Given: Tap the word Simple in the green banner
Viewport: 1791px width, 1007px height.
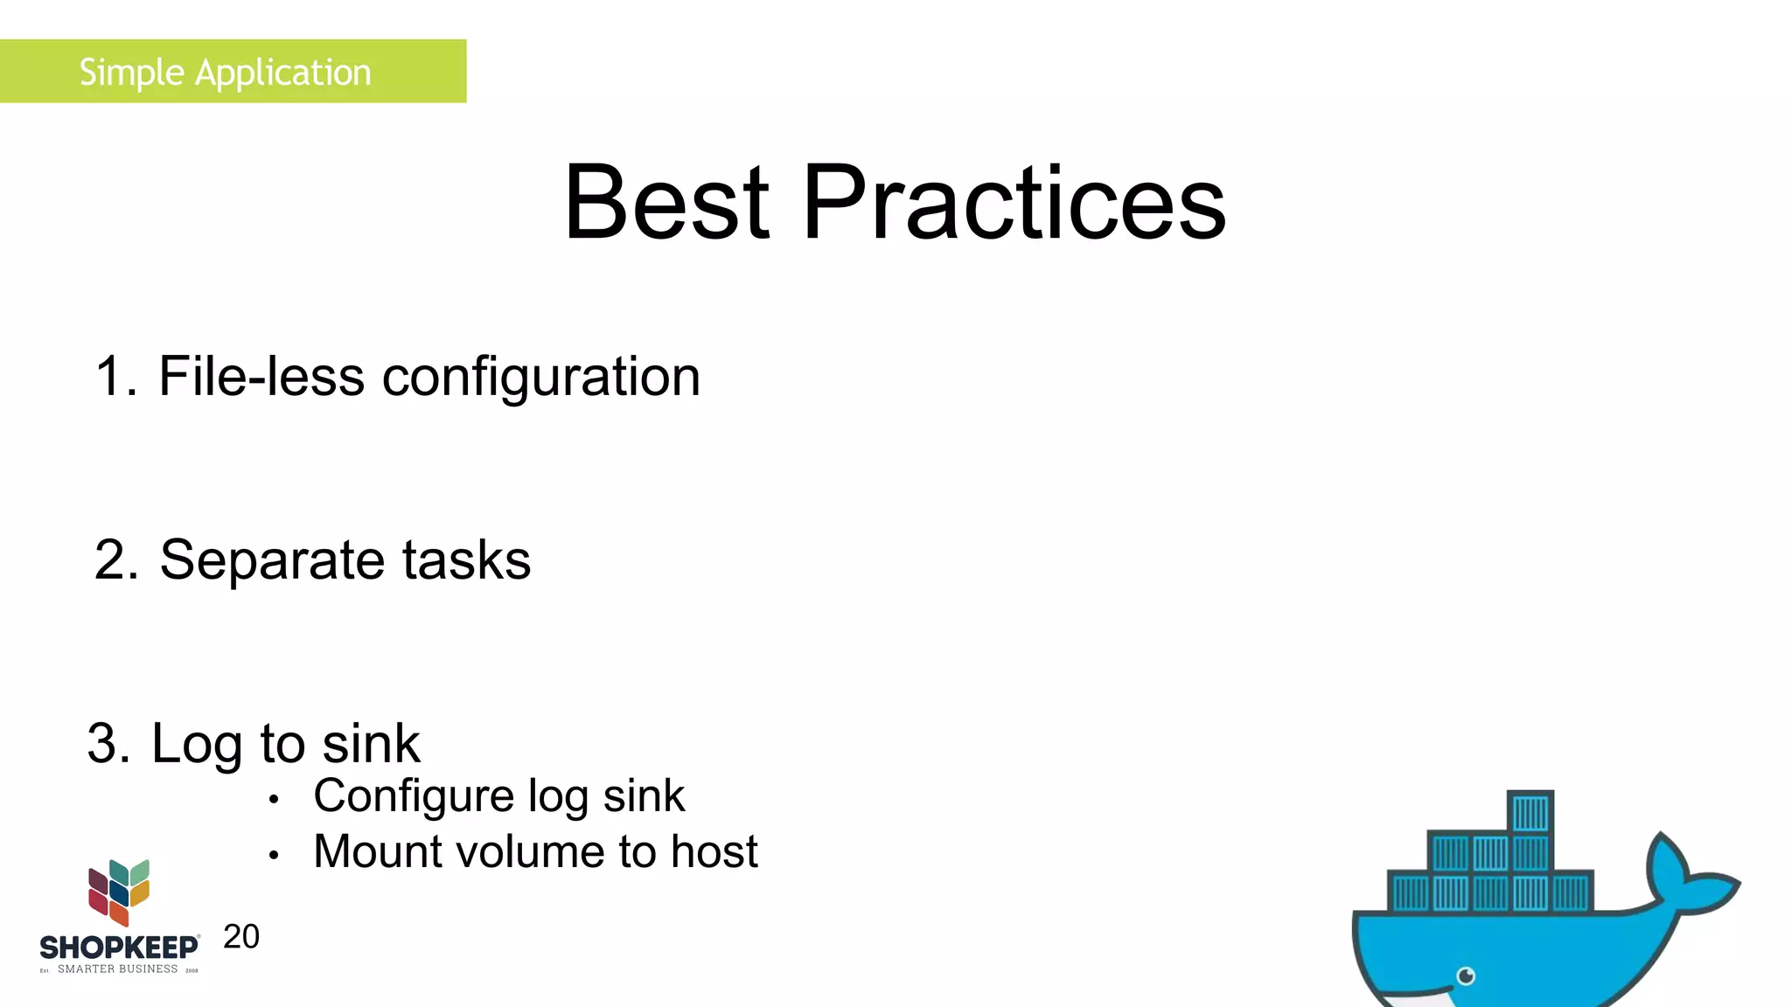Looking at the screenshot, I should pyautogui.click(x=131, y=73).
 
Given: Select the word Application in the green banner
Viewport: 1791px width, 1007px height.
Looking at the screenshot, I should pyautogui.click(x=282, y=73).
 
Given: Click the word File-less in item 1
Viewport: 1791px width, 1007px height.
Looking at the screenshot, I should pyautogui.click(x=261, y=377).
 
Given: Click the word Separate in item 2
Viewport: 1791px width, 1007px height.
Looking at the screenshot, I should pyautogui.click(x=272, y=560).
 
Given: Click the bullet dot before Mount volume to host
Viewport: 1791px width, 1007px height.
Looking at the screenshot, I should pyautogui.click(x=274, y=855).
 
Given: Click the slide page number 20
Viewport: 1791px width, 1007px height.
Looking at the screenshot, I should pyautogui.click(x=241, y=937).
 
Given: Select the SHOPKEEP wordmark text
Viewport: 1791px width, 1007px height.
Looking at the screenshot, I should pyautogui.click(x=119, y=948).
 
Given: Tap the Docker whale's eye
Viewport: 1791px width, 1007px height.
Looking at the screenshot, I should pyautogui.click(x=1467, y=976).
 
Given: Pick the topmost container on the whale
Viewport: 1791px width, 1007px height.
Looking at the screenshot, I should pyautogui.click(x=1530, y=813).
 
